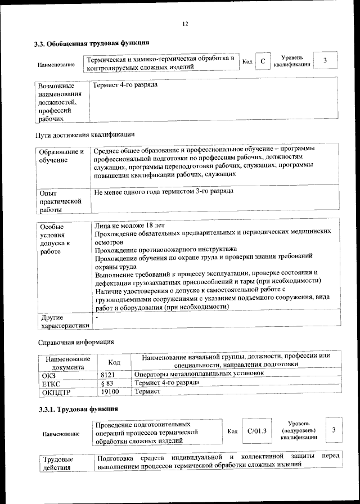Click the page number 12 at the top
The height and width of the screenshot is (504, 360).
tap(185, 23)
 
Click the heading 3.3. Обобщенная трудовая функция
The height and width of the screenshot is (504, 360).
tap(91, 43)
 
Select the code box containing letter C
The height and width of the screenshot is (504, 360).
tap(262, 61)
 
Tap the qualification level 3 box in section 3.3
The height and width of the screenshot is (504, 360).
tap(325, 61)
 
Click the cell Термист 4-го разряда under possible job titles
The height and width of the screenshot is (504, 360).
tap(125, 85)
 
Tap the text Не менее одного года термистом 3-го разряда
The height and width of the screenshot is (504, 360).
tap(164, 192)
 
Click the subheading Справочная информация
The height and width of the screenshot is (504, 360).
tap(75, 342)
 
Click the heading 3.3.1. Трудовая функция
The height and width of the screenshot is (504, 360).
tap(74, 409)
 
